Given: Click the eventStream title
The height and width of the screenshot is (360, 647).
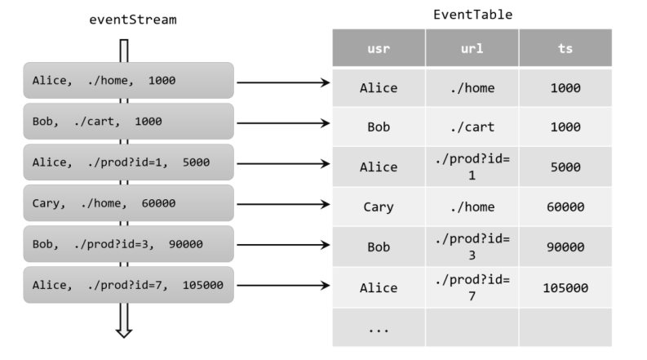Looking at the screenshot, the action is point(133,20).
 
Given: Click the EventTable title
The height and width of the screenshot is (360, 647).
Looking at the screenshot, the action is point(472,15).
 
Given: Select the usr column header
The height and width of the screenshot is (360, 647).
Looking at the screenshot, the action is point(379,48).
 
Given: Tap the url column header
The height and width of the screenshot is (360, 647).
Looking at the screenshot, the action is point(472,48).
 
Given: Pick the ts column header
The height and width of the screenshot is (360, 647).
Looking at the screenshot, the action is point(565,48).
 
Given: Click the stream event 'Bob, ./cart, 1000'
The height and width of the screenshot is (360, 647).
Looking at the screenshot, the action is point(128,122).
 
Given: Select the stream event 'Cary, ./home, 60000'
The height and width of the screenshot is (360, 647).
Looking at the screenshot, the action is point(128,203).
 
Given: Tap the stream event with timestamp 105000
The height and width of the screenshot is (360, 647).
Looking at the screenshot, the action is point(128,285).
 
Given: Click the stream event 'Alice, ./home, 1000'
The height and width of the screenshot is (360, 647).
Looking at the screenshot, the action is point(128,81).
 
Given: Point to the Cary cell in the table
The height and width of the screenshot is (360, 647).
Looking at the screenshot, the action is point(379,207).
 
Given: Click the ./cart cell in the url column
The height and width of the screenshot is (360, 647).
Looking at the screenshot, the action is point(472,127).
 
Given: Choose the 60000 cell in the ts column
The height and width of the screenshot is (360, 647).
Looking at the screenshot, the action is point(565,207).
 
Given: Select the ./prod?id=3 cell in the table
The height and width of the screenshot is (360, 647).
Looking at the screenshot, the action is point(472,247).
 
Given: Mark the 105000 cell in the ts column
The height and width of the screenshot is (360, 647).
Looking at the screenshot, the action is point(565,287).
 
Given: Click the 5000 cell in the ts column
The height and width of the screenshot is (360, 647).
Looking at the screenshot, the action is point(565,167).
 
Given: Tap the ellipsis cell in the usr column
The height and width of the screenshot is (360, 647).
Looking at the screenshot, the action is point(379,327).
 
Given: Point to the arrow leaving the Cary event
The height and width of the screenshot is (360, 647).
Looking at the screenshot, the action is point(283,204).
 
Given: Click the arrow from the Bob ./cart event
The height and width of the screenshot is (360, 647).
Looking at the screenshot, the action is point(283,123).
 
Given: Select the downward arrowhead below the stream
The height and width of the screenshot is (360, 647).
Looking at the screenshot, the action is point(124,333).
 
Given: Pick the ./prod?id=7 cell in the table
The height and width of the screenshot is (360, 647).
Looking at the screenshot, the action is point(472,287).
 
